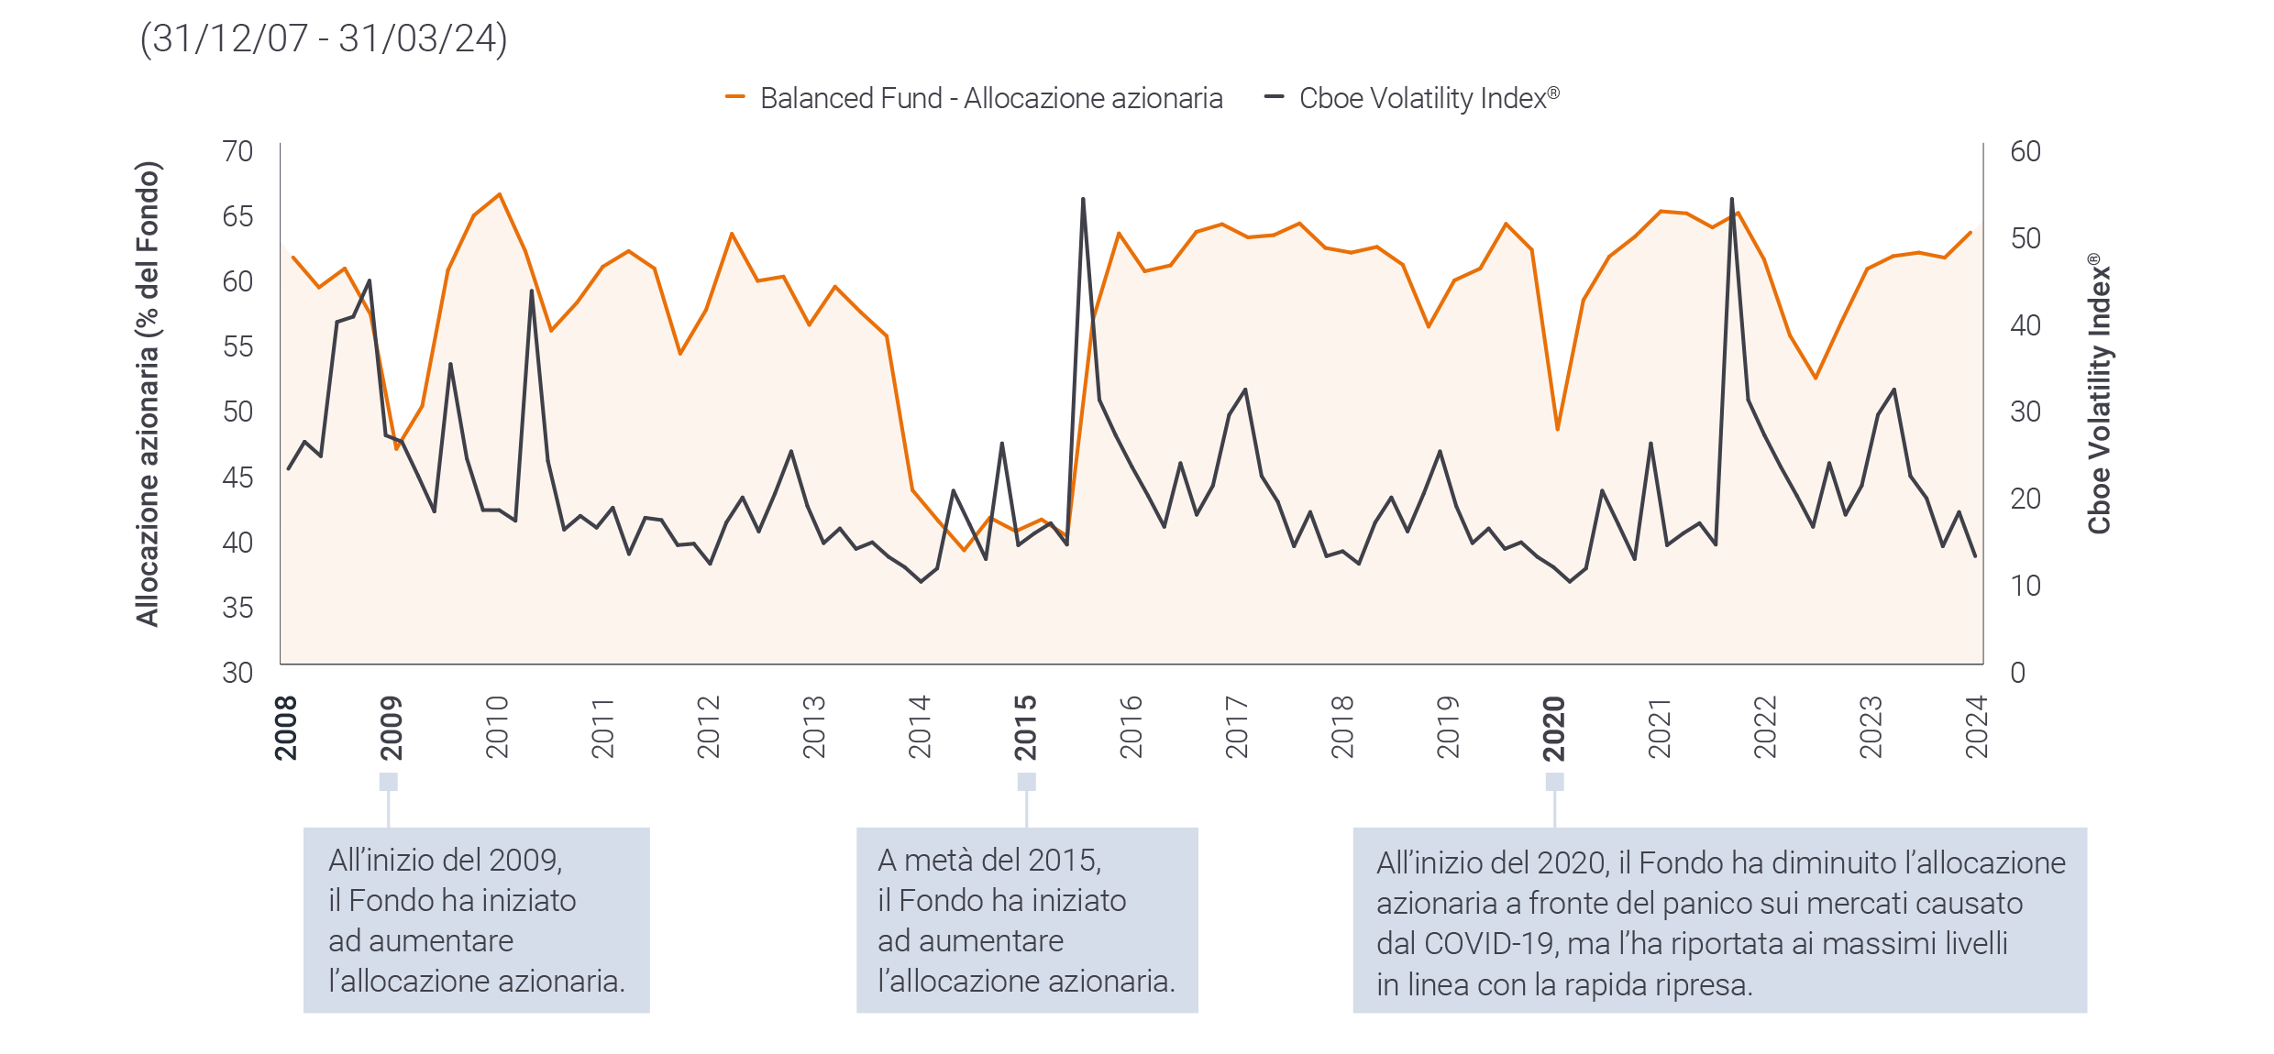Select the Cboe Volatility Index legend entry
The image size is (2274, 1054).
pos(1412,98)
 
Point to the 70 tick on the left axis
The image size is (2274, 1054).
pos(237,151)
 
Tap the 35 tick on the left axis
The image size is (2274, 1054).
pos(237,608)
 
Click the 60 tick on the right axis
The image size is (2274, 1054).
pos(2026,151)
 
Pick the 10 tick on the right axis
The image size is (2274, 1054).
pos(2026,586)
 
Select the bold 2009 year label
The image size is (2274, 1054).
pos(392,728)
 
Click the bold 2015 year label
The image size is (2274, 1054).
pos(1025,728)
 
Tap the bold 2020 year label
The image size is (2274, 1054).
pos(1553,728)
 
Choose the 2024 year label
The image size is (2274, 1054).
pos(1976,728)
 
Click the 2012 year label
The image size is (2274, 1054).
pos(708,728)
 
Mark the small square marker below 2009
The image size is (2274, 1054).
pos(389,782)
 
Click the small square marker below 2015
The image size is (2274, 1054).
pos(1027,782)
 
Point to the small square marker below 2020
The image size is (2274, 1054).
pos(1554,782)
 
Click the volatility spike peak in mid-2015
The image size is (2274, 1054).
pos(1083,199)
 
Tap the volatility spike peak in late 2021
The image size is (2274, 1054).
pos(1731,199)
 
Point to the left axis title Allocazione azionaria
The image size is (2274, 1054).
pos(148,394)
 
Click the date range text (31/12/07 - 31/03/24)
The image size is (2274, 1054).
pos(323,39)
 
